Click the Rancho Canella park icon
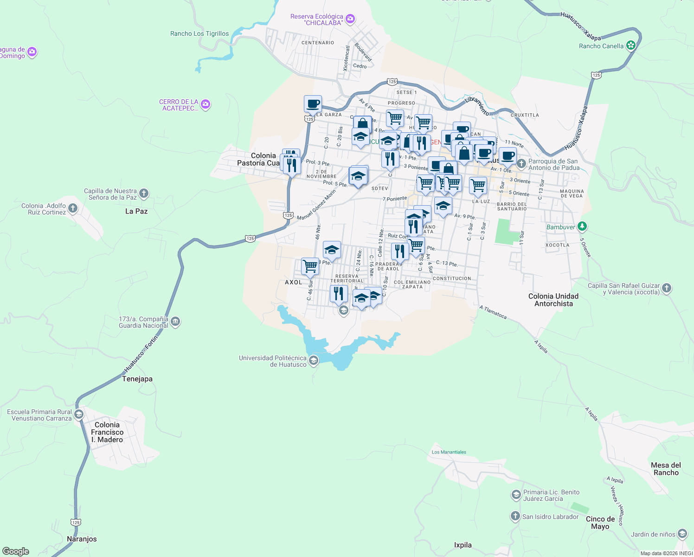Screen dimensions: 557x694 (x=630, y=45)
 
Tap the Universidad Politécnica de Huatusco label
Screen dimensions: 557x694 (x=273, y=361)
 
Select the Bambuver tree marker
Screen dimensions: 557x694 (x=583, y=227)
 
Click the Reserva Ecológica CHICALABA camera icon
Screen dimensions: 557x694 (x=350, y=19)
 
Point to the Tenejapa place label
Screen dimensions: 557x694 (x=137, y=379)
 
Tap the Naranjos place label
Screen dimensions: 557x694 (x=82, y=539)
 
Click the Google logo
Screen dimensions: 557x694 (x=15, y=551)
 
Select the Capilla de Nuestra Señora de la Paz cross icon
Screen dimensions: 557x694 (x=144, y=194)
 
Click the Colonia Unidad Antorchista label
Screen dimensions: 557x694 (x=553, y=300)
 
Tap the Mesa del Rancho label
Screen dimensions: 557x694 (x=666, y=469)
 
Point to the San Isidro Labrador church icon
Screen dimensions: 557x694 (x=515, y=516)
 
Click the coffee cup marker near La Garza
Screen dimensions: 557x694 (x=313, y=104)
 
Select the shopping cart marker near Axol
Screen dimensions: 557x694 (x=310, y=266)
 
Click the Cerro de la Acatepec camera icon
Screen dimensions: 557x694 (x=206, y=104)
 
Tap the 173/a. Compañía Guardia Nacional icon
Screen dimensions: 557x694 (x=175, y=321)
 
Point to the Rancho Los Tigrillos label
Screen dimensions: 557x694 (x=199, y=33)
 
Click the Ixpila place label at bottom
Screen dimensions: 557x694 (x=463, y=545)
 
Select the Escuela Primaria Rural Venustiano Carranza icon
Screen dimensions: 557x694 (x=79, y=414)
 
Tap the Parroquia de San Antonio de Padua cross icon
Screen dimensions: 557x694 (x=521, y=164)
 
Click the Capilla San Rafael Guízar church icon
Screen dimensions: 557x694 (x=667, y=288)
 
